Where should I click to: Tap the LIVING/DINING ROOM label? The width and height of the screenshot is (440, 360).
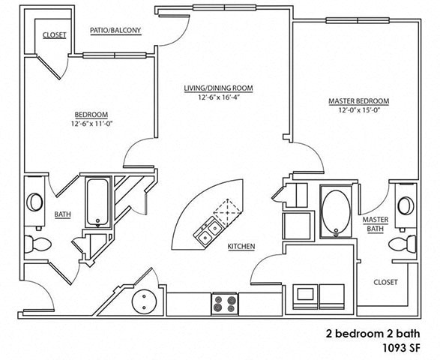(x=219, y=88)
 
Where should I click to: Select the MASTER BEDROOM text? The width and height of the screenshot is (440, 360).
(x=358, y=101)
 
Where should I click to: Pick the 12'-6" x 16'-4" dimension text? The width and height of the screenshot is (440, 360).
(x=219, y=97)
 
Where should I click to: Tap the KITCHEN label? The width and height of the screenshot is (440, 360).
(x=241, y=246)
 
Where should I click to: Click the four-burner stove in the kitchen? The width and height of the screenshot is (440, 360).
(x=223, y=303)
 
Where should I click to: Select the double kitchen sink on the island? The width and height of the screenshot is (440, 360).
(x=208, y=232)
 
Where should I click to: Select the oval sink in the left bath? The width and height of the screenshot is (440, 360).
(x=35, y=202)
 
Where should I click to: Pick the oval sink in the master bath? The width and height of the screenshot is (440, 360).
(x=406, y=205)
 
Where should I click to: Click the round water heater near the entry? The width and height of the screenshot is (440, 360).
(x=143, y=302)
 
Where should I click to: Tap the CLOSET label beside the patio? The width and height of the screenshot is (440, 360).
(x=54, y=35)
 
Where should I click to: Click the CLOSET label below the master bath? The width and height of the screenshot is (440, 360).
(x=385, y=282)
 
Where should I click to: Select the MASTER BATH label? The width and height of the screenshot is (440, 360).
(x=375, y=225)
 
